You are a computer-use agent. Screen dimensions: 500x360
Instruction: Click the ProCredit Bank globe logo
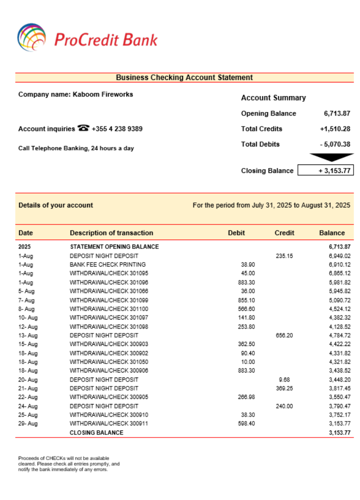click(x=31, y=38)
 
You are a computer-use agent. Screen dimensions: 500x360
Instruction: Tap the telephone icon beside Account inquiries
click(x=83, y=128)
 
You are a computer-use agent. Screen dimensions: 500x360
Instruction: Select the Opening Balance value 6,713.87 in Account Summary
click(x=337, y=113)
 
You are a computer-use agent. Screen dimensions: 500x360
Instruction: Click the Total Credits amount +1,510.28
click(x=335, y=129)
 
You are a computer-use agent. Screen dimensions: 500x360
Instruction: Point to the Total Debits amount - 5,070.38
click(x=335, y=144)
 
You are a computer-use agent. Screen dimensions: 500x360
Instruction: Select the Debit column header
click(x=236, y=233)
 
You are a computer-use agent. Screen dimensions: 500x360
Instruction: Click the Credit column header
click(x=284, y=233)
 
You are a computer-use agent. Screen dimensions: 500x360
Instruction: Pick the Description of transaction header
click(x=111, y=233)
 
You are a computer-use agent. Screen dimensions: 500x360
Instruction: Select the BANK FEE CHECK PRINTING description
click(x=107, y=264)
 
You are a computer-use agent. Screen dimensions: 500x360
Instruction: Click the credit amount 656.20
click(x=284, y=335)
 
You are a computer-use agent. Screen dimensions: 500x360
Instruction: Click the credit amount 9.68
click(x=284, y=379)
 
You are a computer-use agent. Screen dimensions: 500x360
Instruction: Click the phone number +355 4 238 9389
click(x=117, y=129)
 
